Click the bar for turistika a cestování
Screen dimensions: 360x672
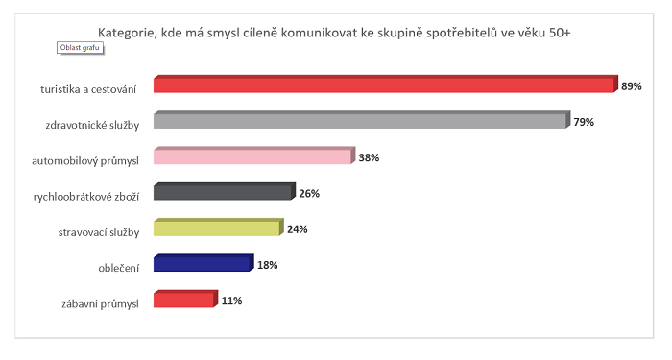(384, 84)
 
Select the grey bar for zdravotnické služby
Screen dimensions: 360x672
(361, 121)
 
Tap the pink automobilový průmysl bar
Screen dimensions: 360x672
(253, 157)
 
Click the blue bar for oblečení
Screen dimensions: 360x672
(203, 264)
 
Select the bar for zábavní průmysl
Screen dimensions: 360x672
(184, 300)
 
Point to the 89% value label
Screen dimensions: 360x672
(632, 86)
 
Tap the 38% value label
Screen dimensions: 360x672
(370, 158)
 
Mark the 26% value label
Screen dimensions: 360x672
(308, 194)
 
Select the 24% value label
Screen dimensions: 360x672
(298, 229)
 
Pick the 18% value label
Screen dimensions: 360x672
(267, 265)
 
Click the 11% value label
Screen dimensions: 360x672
(231, 300)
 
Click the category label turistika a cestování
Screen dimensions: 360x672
(88, 89)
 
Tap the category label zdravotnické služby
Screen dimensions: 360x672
(93, 125)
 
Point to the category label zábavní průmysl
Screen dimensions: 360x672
(99, 303)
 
